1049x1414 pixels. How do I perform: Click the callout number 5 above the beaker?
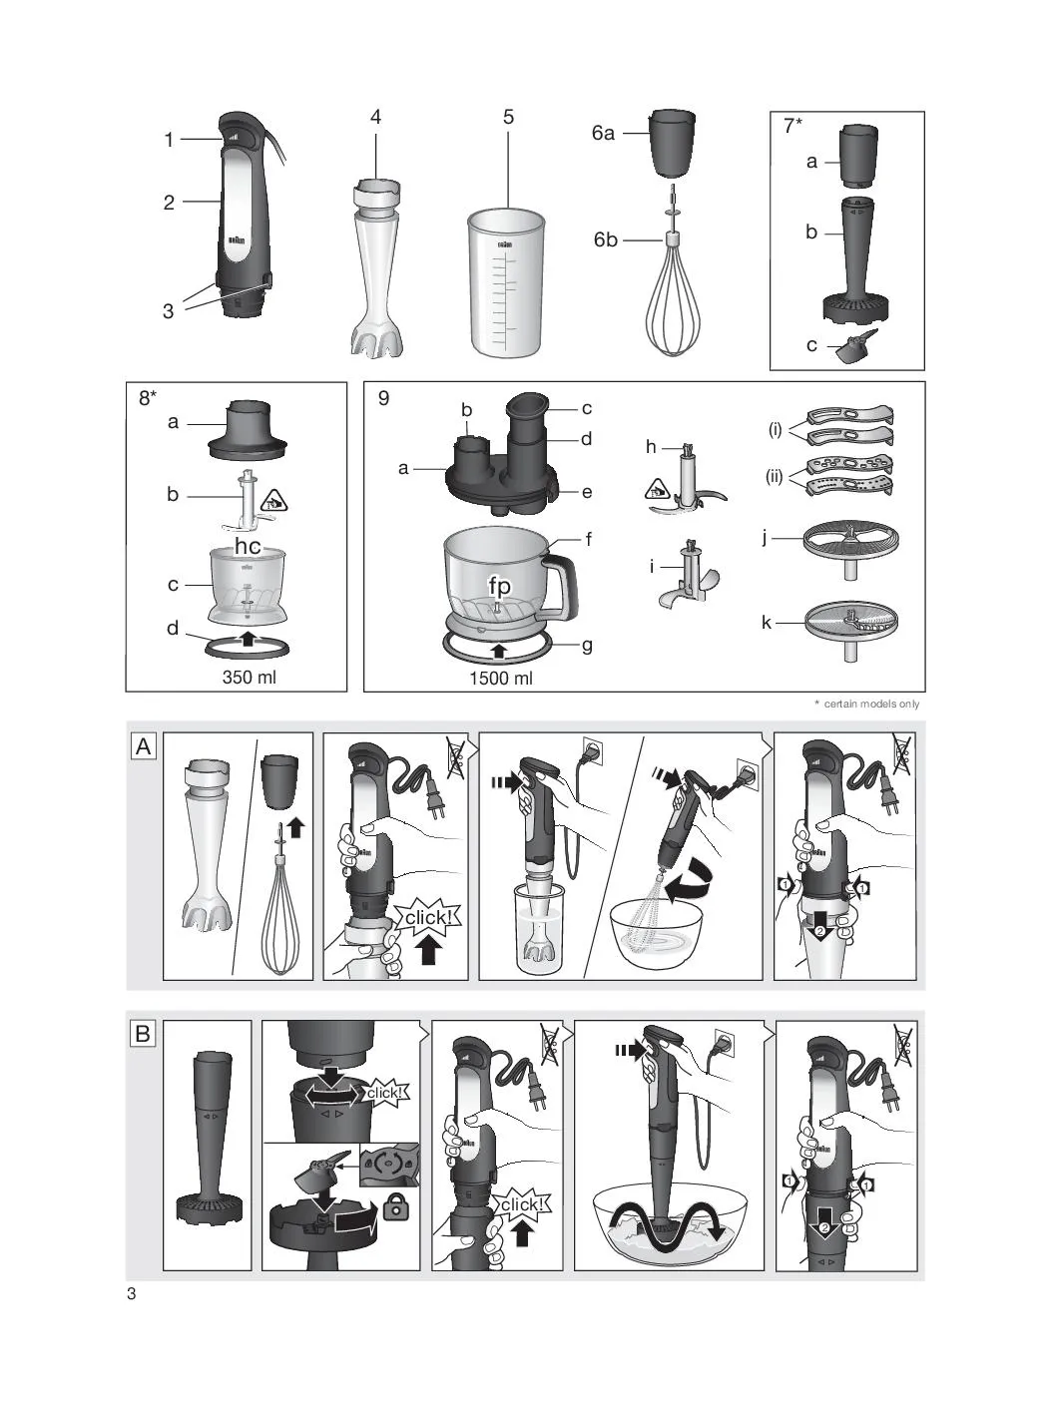[x=508, y=118]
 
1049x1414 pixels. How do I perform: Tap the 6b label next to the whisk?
[x=605, y=239]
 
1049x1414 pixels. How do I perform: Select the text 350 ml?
[x=249, y=677]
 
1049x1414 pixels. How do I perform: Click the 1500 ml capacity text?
[x=501, y=679]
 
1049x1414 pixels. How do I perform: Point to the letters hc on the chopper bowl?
[x=248, y=546]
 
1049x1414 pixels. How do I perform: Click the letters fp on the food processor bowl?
[x=500, y=586]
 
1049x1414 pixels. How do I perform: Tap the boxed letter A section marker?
[x=144, y=746]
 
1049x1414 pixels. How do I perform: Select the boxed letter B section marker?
[x=143, y=1034]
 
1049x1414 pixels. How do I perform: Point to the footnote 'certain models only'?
[x=871, y=704]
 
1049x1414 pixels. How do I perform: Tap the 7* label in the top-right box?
[x=792, y=126]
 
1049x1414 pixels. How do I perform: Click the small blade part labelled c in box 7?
[x=857, y=347]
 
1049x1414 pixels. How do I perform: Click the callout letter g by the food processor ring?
[x=587, y=646]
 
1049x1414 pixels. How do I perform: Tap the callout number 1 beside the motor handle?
[x=169, y=140]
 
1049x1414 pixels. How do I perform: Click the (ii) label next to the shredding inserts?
[x=774, y=477]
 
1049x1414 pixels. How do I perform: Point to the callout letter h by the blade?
[x=651, y=447]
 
